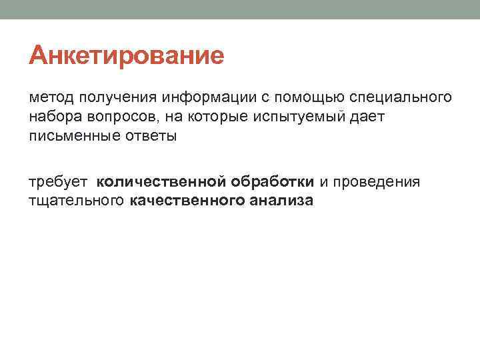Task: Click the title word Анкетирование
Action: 126,55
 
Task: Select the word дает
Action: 367,117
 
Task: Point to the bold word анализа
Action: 281,201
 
